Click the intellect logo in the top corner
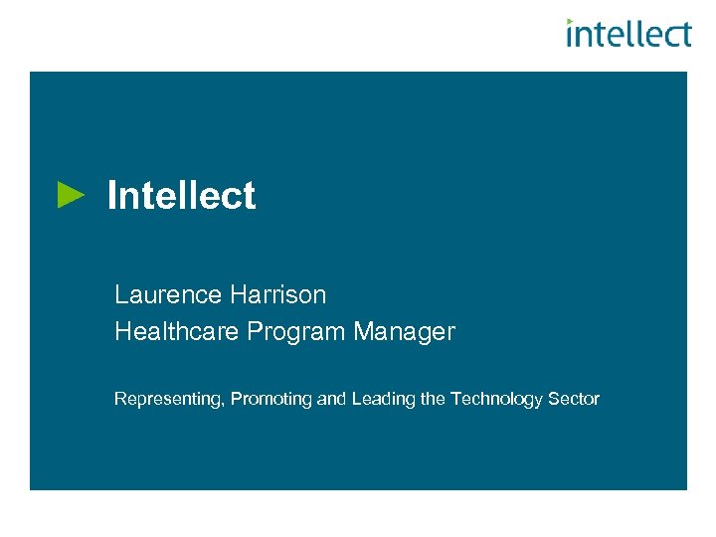(628, 34)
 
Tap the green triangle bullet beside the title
(72, 194)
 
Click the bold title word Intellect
(181, 196)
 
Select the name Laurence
(167, 294)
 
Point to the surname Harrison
(277, 294)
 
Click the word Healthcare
(177, 332)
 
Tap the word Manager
(404, 332)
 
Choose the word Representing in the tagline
(168, 399)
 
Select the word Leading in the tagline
(380, 399)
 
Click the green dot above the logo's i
(570, 21)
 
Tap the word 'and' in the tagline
(330, 399)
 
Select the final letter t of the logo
(684, 35)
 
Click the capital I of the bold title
(111, 196)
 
